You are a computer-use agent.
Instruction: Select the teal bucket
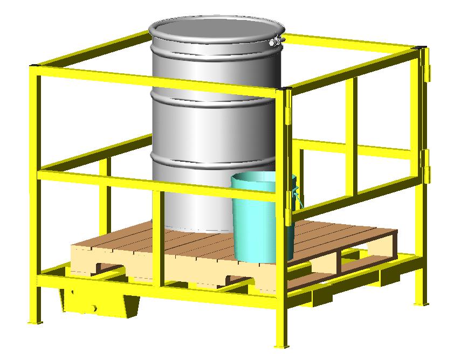[259, 221]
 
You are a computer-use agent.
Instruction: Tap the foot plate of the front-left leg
[35, 322]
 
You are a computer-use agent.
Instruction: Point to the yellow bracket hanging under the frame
[97, 304]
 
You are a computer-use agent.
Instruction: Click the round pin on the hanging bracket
[93, 308]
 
